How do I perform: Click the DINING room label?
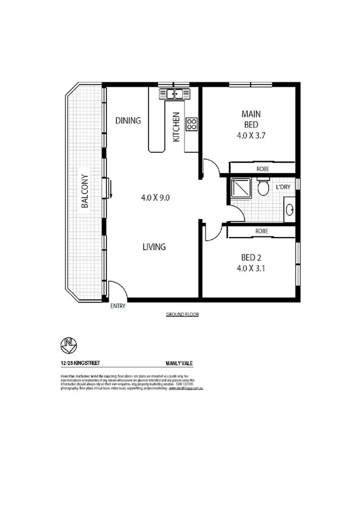coord(128,120)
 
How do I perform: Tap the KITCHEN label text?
coord(176,127)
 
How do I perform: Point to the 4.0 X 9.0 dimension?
coord(156,197)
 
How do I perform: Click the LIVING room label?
coord(154,247)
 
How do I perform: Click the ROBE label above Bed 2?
coord(261,231)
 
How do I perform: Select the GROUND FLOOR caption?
coord(182,315)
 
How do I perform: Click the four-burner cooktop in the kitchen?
coord(192,124)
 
